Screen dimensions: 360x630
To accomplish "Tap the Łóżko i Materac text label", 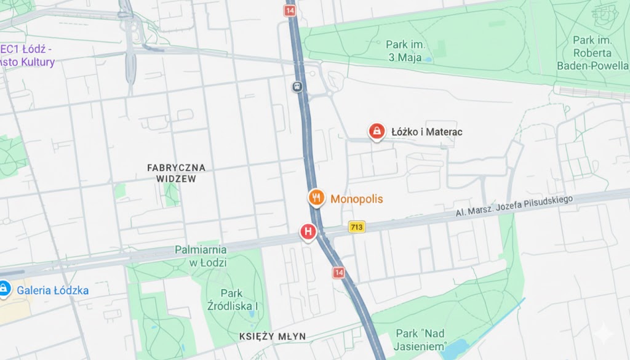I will (x=427, y=132).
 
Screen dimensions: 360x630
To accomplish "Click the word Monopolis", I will (x=357, y=199).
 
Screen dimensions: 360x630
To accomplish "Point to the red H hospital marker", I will (x=308, y=232).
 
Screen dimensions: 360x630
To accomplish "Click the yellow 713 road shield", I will (x=356, y=227).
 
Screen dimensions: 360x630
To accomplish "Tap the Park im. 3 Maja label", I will (x=404, y=51).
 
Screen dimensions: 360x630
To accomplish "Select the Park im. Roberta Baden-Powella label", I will (x=592, y=52).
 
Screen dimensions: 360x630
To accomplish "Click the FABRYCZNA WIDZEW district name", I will (x=176, y=173).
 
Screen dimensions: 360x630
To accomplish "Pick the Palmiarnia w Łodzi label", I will (x=201, y=256).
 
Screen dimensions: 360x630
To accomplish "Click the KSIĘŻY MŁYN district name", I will (x=273, y=336).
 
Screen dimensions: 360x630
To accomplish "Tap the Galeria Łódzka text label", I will (x=53, y=290).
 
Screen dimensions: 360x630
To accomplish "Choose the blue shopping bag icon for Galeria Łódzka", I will (x=4, y=288).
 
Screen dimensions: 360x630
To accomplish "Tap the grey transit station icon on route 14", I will (x=298, y=87).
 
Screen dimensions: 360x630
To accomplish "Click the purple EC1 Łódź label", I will (x=27, y=55).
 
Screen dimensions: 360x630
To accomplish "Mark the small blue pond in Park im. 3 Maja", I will (x=428, y=59).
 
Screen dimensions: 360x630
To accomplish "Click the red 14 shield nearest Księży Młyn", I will (x=338, y=273).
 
